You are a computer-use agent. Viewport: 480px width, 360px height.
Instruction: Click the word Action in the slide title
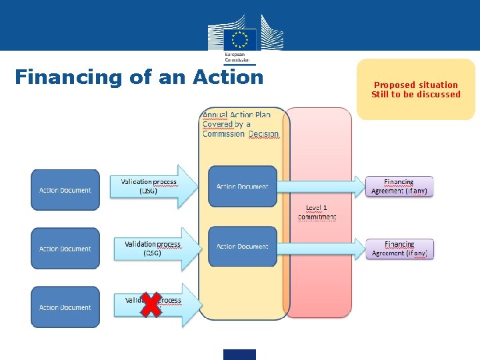pos(228,77)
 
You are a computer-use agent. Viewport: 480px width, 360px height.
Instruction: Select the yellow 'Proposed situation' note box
pos(416,89)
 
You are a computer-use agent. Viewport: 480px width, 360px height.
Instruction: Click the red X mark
pos(151,305)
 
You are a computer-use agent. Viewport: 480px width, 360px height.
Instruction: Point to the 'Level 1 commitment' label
pos(317,213)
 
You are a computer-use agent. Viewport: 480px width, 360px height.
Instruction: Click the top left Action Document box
pos(65,190)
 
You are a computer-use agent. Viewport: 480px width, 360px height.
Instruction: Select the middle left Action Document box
pos(65,249)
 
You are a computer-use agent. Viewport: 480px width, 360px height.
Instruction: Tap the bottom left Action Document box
pos(65,307)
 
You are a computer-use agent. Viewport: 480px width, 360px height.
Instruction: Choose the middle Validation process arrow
pos(153,249)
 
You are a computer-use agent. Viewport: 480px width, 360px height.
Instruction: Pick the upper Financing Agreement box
pos(399,186)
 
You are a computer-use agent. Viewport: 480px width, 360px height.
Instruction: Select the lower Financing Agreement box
pos(399,249)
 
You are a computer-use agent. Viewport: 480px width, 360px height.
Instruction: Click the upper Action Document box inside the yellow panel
pos(243,186)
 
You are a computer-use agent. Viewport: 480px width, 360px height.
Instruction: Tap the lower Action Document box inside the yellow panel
pos(243,246)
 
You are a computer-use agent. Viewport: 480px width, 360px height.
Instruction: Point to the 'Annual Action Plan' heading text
pos(237,115)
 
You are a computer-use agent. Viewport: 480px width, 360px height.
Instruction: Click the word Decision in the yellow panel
pos(264,134)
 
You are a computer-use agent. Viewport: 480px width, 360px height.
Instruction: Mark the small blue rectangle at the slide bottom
pos(239,355)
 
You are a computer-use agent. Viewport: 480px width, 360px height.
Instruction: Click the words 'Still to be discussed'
pos(416,95)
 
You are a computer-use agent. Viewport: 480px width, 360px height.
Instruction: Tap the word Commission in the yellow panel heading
pos(224,134)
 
